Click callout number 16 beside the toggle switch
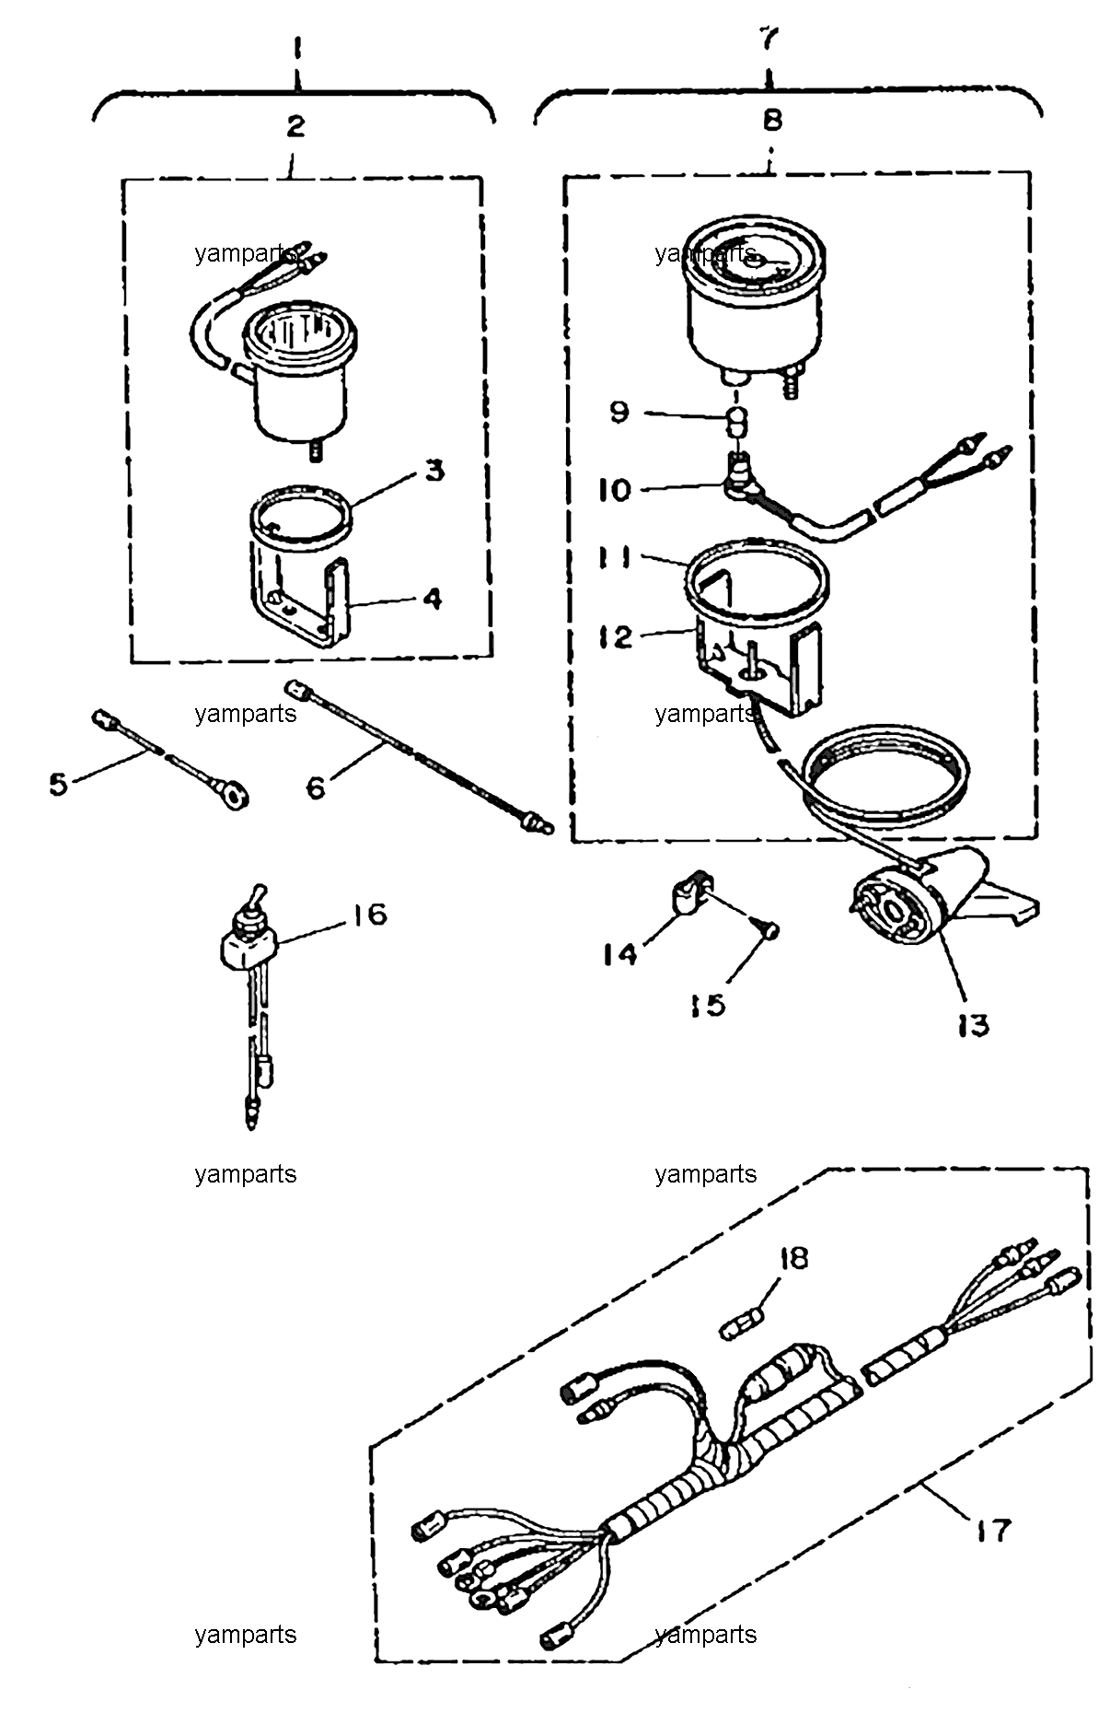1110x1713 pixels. point(366,915)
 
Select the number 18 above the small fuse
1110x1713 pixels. point(792,1257)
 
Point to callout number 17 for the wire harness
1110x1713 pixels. point(991,1531)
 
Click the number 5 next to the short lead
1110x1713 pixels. point(59,786)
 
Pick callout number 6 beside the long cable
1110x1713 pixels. point(316,788)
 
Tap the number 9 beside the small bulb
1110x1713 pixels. point(619,411)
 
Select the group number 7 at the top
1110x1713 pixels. point(769,39)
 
